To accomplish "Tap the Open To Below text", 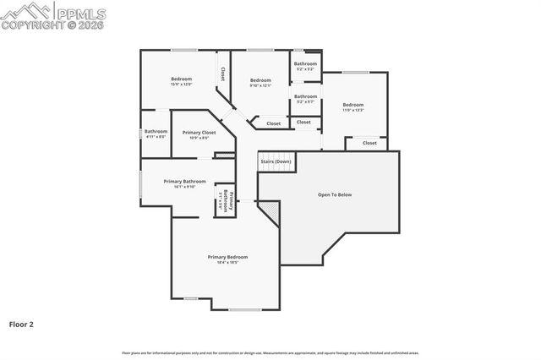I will tap(334, 194).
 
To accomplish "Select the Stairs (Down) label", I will tap(276, 161).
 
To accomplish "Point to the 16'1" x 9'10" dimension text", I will tap(184, 187).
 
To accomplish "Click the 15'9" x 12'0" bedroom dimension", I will tap(182, 85).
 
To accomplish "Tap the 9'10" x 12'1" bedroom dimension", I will tap(260, 85).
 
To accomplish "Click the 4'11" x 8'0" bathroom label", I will tap(156, 136).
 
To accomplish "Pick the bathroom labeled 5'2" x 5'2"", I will tap(305, 69).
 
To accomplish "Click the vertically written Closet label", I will tap(222, 74).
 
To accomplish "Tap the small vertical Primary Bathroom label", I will tap(223, 200).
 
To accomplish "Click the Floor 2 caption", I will tap(21, 324).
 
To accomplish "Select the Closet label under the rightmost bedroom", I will tap(369, 143).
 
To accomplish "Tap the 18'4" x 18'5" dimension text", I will tap(227, 262).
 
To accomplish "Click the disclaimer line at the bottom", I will tap(270, 352).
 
